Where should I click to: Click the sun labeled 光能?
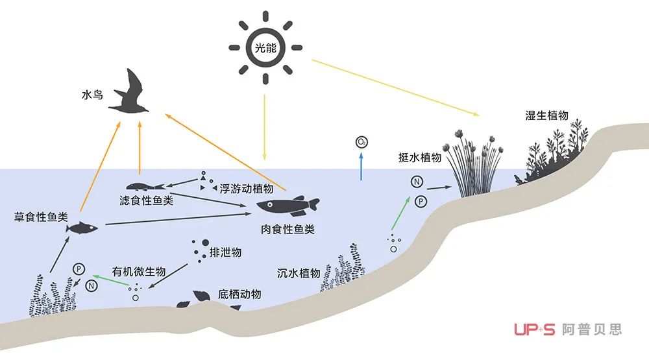(265, 47)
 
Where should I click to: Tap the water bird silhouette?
(130, 93)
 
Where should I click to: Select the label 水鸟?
(92, 95)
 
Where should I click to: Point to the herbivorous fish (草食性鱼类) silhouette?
(82, 228)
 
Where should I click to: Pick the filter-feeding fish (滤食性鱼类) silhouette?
(145, 187)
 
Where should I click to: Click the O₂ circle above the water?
(361, 142)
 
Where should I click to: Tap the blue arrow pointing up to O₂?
(361, 166)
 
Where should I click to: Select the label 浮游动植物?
(247, 189)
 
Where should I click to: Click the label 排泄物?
(226, 252)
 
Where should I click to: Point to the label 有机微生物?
(139, 271)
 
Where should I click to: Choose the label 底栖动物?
(239, 294)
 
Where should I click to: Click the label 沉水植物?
(299, 273)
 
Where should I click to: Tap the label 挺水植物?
(420, 157)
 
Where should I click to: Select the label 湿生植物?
(546, 115)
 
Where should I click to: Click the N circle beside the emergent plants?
(417, 181)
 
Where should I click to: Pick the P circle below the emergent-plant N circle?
(421, 202)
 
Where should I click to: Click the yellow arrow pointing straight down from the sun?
(265, 127)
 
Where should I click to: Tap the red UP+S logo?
(534, 330)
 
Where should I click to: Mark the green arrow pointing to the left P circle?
(110, 280)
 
